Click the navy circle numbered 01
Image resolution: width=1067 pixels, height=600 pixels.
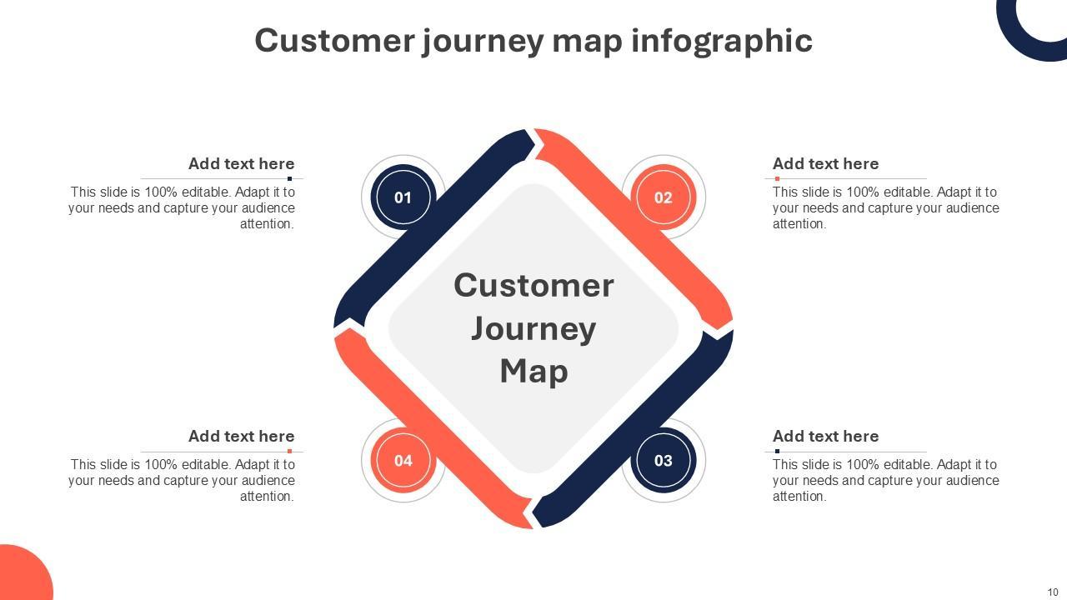[403, 197]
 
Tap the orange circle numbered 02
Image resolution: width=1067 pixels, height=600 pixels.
[663, 197]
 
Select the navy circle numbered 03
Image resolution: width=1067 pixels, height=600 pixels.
[663, 460]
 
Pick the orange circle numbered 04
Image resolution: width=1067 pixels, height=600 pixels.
[403, 460]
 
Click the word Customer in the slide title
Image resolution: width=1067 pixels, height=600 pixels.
[333, 40]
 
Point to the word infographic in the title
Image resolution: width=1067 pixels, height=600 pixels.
[721, 40]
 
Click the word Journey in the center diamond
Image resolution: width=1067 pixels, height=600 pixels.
[533, 328]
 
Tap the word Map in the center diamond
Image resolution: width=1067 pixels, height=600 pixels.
[533, 371]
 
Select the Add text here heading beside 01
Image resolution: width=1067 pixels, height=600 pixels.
[241, 163]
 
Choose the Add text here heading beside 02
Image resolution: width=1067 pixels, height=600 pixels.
[825, 163]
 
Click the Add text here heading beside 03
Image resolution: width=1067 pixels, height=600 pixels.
[825, 436]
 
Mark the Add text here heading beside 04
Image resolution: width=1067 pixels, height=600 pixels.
[241, 436]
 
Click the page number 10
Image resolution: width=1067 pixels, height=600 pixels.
[1053, 592]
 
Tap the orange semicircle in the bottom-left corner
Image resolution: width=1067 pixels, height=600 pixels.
[21, 575]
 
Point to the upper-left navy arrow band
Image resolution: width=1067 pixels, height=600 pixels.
[433, 225]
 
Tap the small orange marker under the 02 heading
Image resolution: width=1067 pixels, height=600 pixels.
[777, 178]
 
